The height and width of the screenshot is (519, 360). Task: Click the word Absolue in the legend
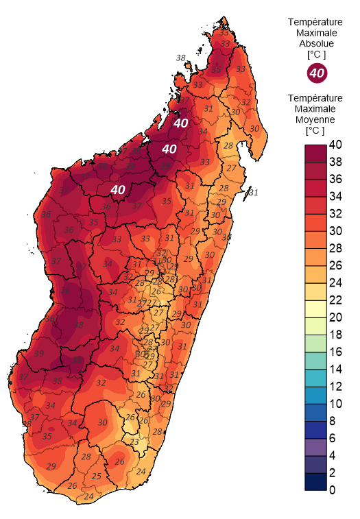316,43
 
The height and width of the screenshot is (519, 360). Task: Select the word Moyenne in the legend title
316,119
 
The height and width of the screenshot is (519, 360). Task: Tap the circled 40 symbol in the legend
316,72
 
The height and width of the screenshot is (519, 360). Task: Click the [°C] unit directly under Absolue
316,53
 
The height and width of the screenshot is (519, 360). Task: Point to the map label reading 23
134,443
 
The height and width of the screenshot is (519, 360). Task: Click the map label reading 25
97,476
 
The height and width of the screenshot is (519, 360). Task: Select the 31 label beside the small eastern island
253,193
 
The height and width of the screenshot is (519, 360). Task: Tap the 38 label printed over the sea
181,58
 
